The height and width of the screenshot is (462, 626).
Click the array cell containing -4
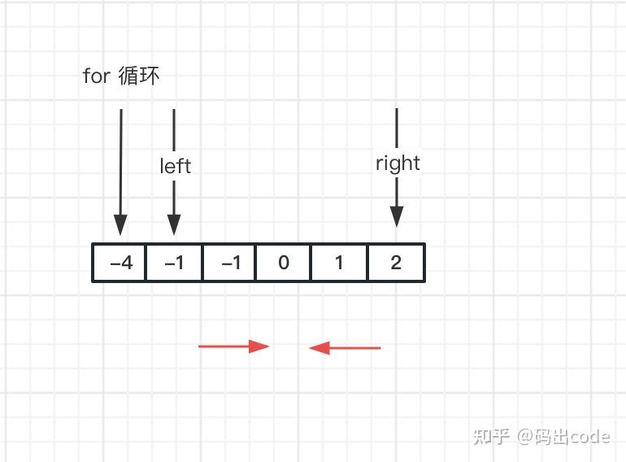click(120, 263)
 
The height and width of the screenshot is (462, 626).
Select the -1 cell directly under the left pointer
click(174, 263)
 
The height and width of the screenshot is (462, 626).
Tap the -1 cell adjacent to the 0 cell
click(229, 263)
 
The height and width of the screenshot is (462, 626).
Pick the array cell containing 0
click(283, 263)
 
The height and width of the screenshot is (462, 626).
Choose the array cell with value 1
click(339, 263)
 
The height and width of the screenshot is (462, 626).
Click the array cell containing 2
click(396, 263)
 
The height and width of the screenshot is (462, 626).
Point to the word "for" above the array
click(96, 76)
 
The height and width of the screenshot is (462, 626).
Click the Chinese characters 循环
click(139, 76)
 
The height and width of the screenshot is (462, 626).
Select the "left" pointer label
click(175, 166)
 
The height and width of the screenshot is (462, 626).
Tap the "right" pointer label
click(398, 163)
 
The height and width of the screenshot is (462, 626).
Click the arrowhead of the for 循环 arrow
click(120, 225)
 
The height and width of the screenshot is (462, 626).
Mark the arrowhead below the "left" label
click(174, 225)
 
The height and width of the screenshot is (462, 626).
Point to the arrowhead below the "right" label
click(397, 217)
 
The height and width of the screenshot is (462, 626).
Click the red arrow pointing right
click(233, 346)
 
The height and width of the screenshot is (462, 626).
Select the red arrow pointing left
click(345, 348)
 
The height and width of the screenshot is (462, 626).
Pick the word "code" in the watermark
click(589, 437)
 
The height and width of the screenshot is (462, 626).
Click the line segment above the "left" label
click(174, 129)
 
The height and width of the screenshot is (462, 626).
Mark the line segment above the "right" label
click(397, 128)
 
